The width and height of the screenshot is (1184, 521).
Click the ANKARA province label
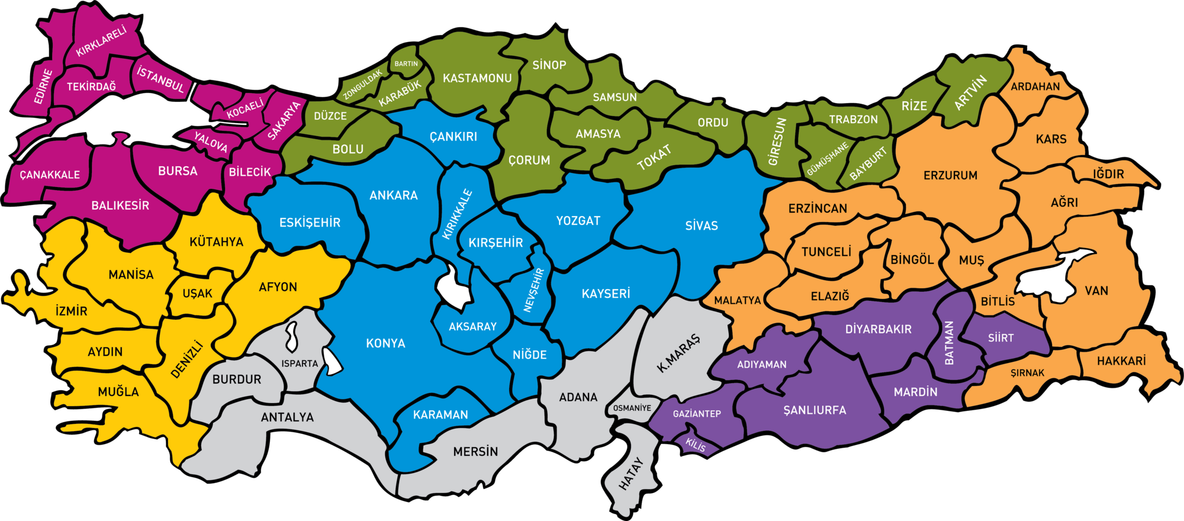(393, 195)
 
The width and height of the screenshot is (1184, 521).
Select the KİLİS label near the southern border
(696, 445)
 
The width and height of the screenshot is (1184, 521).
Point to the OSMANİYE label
(632, 408)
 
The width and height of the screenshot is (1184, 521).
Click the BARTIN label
(406, 64)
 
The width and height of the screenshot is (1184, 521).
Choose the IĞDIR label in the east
(1108, 174)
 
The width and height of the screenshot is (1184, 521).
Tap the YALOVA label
(211, 143)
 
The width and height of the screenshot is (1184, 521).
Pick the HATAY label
(630, 474)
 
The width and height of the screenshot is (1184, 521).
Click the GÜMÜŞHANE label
(827, 159)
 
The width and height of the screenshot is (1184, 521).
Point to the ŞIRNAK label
(1027, 373)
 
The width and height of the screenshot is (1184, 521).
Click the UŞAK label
(197, 294)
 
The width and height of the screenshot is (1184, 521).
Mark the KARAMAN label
(440, 415)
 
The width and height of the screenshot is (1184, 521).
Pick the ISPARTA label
(300, 364)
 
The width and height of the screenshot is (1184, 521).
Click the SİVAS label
(702, 226)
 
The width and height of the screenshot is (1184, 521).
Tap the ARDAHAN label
(1035, 86)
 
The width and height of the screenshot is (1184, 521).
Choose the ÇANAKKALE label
(50, 175)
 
